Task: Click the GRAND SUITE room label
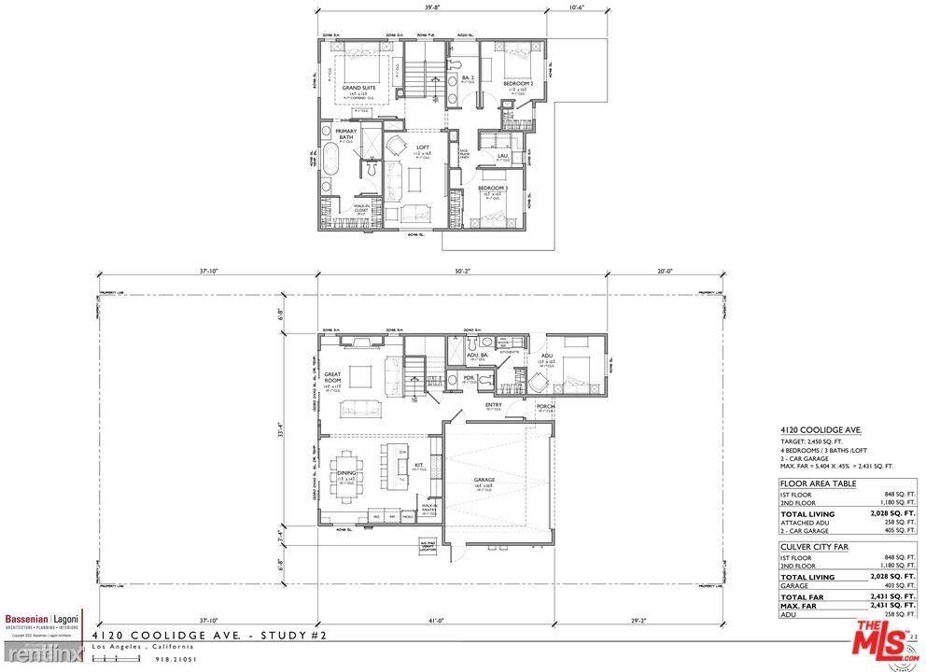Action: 358,88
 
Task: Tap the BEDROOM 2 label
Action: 518,83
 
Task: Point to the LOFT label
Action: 409,147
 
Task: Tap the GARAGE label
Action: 484,480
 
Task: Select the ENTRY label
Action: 494,405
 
